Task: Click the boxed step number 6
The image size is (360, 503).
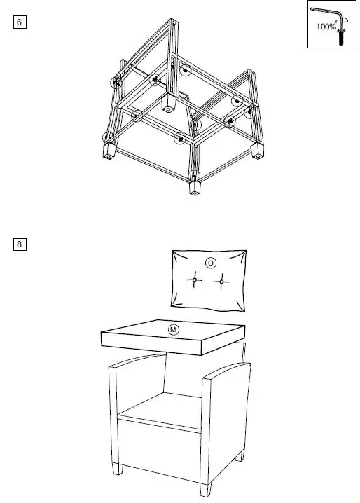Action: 20,22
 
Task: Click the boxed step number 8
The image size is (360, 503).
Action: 20,244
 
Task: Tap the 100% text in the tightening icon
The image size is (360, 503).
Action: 326,26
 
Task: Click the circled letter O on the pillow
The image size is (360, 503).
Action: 210,263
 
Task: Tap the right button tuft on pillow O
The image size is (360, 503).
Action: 222,282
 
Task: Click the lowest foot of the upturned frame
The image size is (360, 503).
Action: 195,188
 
